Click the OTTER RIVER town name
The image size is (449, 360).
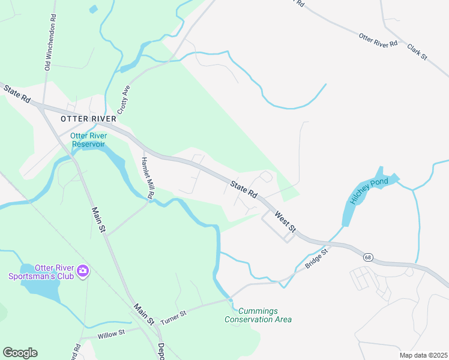(88, 119)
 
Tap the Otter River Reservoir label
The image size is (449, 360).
(88, 140)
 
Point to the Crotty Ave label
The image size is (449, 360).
(124, 100)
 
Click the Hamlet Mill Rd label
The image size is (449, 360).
(148, 178)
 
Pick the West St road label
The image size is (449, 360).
(286, 221)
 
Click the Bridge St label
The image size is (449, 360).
(318, 259)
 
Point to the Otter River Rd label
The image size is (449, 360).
(378, 40)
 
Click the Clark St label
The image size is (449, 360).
(417, 52)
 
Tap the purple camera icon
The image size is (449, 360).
(83, 272)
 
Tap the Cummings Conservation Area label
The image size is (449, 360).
(258, 315)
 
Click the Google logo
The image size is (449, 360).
(20, 353)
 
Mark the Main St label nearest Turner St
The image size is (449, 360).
(145, 314)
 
